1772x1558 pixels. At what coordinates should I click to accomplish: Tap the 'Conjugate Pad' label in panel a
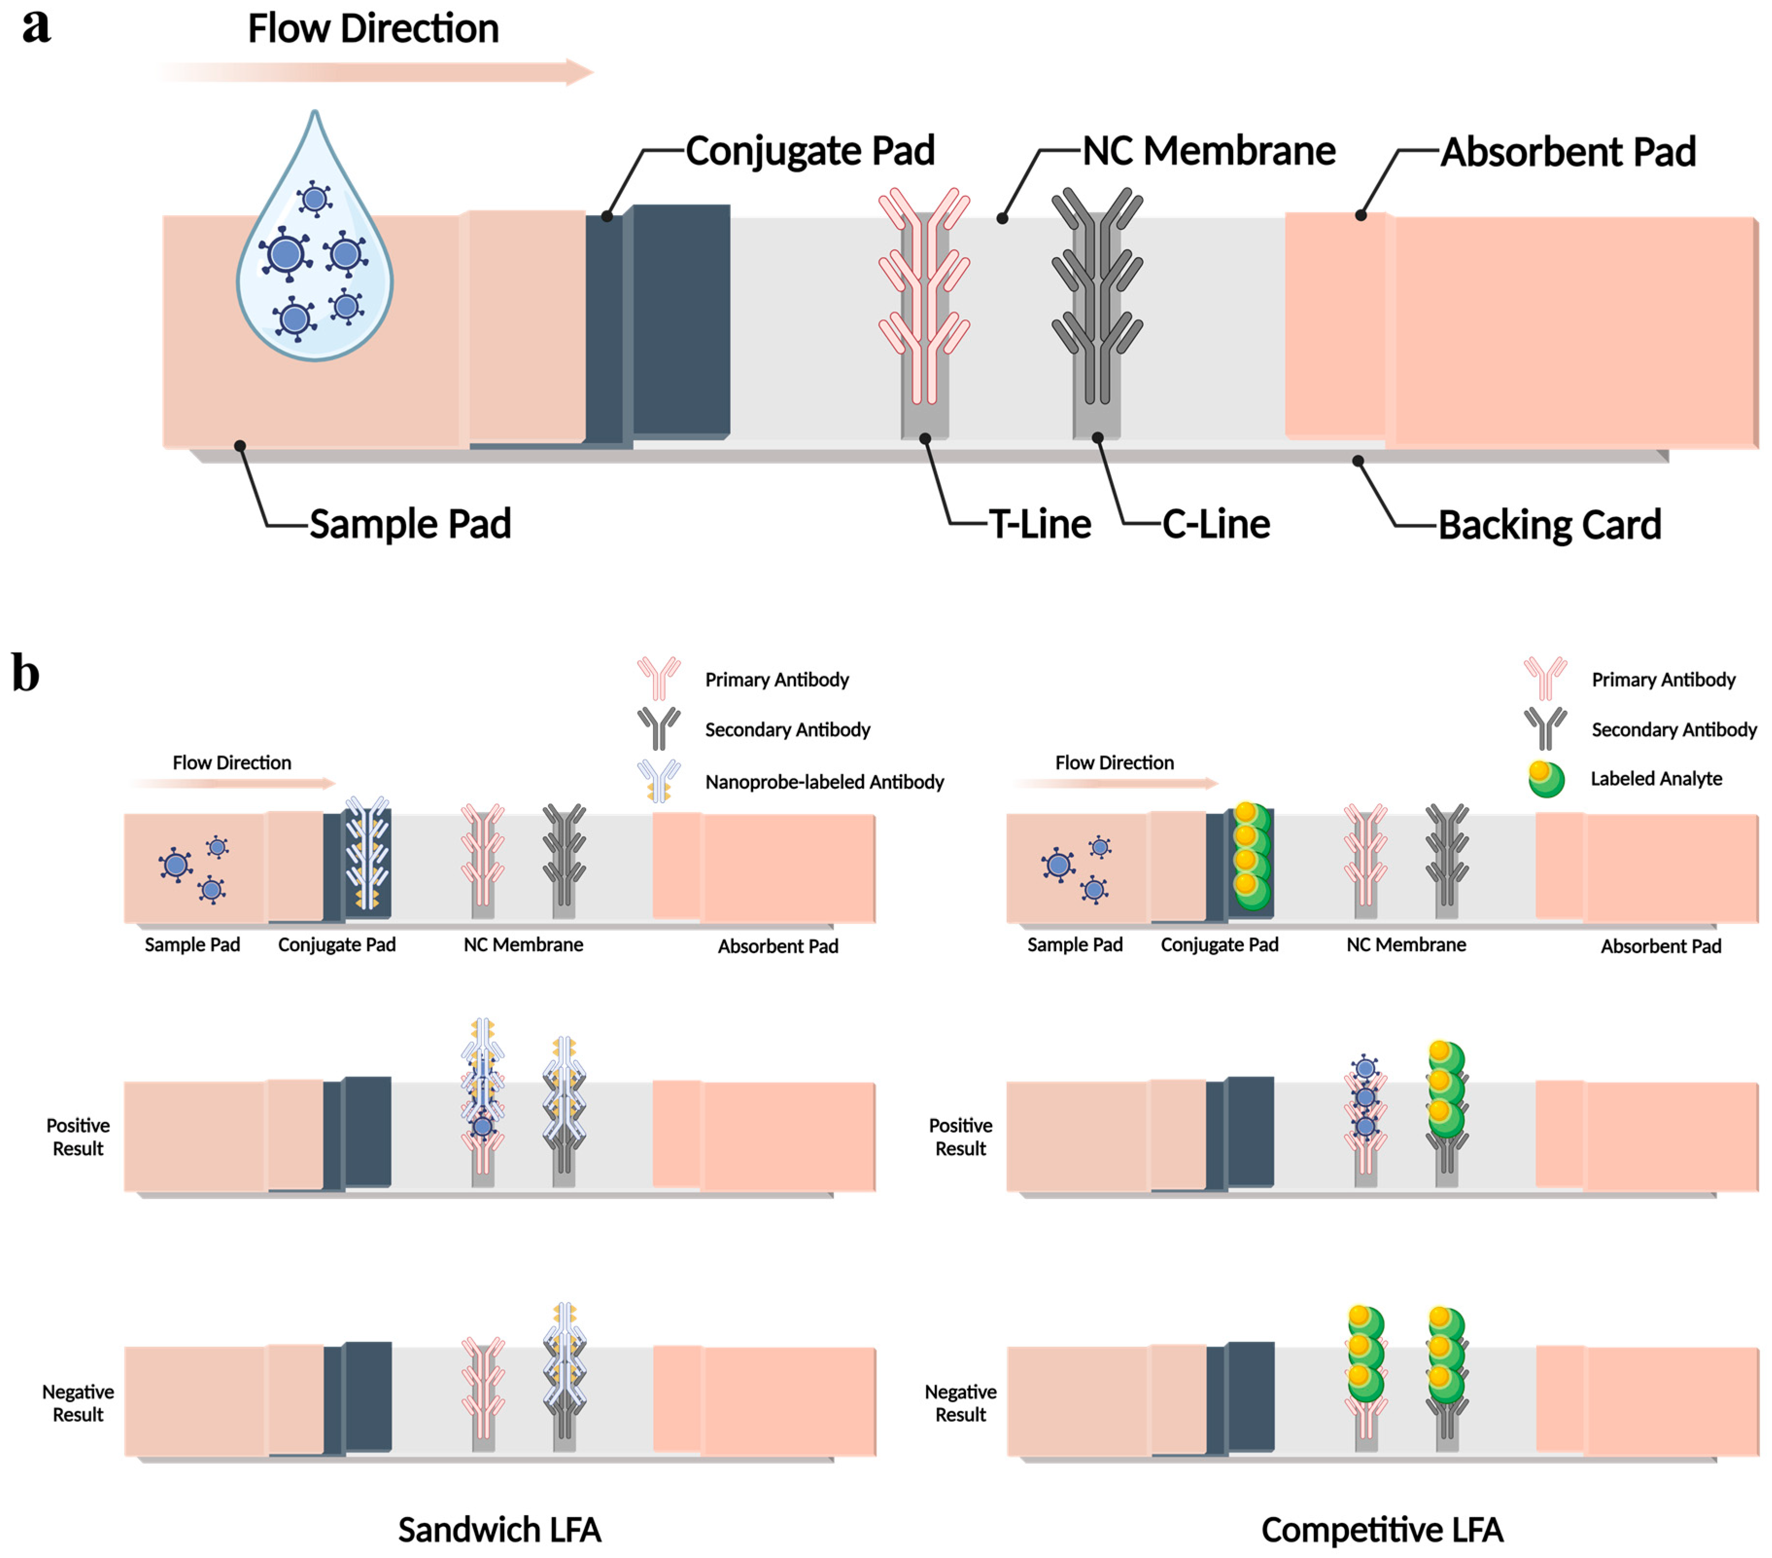pos(809,151)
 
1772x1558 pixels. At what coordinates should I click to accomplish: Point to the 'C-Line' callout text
pos(1216,524)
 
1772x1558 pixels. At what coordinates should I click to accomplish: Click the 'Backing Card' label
pos(1548,525)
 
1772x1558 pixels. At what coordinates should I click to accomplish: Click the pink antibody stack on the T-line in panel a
pos(924,295)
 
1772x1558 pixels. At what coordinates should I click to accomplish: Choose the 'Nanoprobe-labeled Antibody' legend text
pos(824,782)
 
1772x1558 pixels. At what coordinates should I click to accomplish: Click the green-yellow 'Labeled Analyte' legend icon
pos(1546,779)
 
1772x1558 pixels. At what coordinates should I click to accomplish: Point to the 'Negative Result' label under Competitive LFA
pos(961,1403)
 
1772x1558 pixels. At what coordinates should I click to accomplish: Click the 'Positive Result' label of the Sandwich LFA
pos(78,1137)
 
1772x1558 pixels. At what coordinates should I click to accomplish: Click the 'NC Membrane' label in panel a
pos(1208,151)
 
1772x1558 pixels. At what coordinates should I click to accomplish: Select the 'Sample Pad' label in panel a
pos(410,524)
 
